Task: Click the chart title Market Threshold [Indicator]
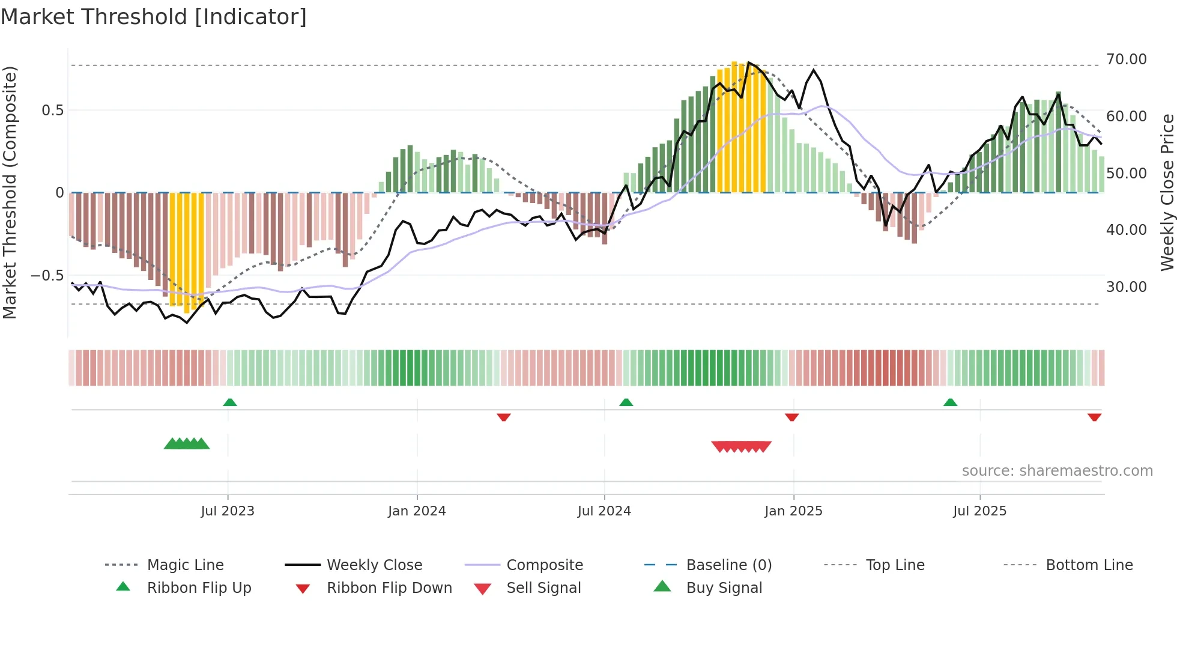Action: [154, 17]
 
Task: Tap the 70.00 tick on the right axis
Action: [1126, 59]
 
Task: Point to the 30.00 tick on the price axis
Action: [1126, 287]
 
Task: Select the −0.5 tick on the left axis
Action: [47, 276]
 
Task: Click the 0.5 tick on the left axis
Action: [52, 111]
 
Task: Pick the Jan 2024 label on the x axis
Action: [417, 511]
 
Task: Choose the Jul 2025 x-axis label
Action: [979, 511]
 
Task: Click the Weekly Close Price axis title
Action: [1167, 192]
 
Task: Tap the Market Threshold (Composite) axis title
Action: [10, 192]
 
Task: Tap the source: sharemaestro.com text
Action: [1057, 471]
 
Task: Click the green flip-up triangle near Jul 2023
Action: [230, 402]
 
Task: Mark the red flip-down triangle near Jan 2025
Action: [792, 417]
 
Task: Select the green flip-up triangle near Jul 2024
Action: [626, 402]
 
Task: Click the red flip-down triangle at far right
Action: [1094, 417]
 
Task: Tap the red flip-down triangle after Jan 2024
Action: [504, 417]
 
